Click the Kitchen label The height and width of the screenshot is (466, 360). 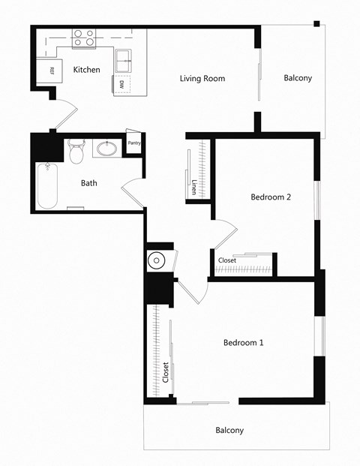tap(86, 70)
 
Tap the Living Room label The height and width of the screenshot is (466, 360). tap(202, 78)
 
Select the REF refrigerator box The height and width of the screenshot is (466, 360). tap(51, 71)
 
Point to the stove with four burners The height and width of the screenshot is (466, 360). tap(84, 38)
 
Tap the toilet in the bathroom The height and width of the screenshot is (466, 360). tap(75, 154)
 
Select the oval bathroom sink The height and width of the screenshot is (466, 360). tap(108, 148)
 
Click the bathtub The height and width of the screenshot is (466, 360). tap(47, 186)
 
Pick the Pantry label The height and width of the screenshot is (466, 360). tap(135, 143)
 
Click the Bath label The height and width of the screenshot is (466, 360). tap(89, 182)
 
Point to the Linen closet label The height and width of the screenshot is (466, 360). tap(193, 187)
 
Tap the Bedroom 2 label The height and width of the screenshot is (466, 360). tap(270, 197)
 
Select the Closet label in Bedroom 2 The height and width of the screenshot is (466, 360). tap(226, 260)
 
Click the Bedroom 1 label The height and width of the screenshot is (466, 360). tap(244, 342)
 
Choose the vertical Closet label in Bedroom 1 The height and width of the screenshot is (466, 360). tap(166, 373)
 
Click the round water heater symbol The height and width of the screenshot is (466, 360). tap(157, 261)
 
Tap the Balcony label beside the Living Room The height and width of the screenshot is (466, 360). tap(298, 78)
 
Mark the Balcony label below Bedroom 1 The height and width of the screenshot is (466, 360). tap(229, 430)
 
